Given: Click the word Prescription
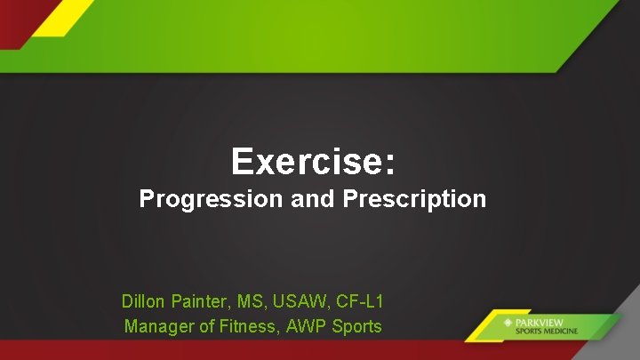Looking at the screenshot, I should (413, 199).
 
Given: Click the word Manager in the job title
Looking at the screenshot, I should (158, 326).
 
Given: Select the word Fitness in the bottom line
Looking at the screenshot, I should (248, 326).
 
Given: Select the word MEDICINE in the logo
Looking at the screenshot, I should (561, 332).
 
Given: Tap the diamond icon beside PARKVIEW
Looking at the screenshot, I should (508, 322).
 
